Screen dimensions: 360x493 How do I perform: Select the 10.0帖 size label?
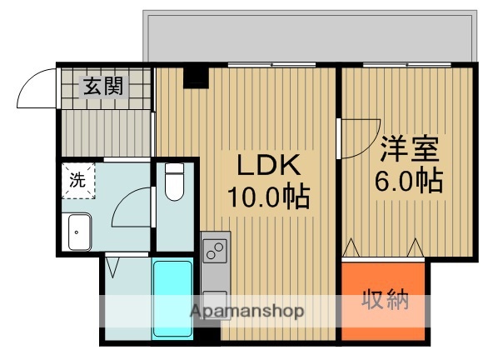(x=268, y=197)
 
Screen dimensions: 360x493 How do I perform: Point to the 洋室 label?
(x=409, y=149)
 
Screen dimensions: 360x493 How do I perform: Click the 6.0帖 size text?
(x=408, y=179)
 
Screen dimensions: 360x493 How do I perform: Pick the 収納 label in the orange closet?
(x=385, y=301)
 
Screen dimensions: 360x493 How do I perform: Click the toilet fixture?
(x=174, y=182)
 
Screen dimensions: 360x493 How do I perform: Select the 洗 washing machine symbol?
(x=77, y=178)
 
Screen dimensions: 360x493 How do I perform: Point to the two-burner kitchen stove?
(x=214, y=248)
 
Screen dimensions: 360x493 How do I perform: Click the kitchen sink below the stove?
(x=213, y=300)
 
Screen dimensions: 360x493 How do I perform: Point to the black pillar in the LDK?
(x=196, y=77)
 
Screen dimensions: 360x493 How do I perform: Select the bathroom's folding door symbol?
(x=113, y=267)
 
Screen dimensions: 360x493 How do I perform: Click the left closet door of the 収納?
(x=351, y=249)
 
